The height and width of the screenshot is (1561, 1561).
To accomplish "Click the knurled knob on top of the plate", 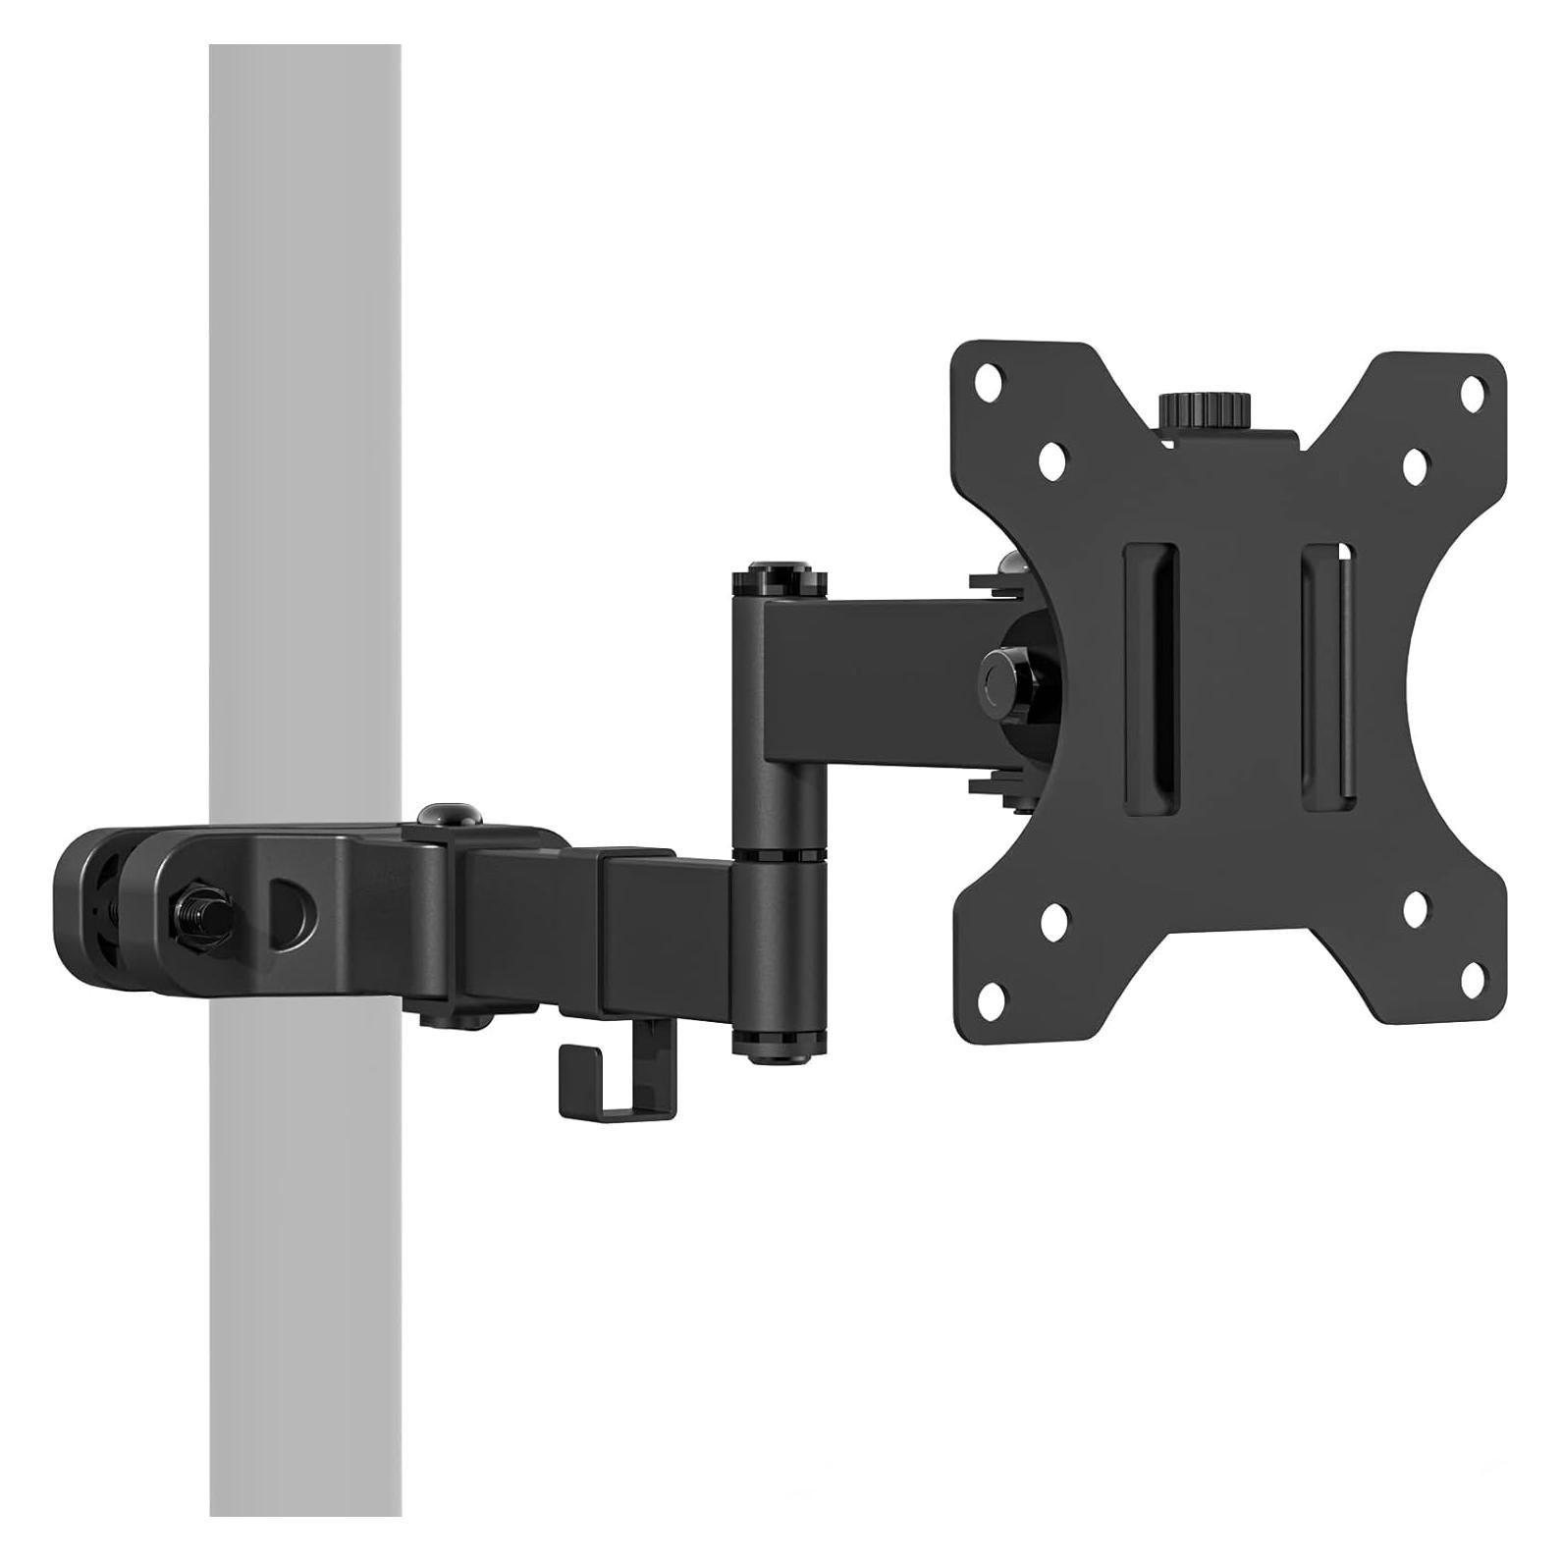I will pyautogui.click(x=1206, y=408).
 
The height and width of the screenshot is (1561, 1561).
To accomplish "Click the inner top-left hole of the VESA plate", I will pyautogui.click(x=1052, y=458).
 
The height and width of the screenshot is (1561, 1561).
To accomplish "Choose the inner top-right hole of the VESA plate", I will pyautogui.click(x=1415, y=465).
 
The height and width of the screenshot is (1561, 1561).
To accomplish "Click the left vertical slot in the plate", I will pyautogui.click(x=1150, y=677).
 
